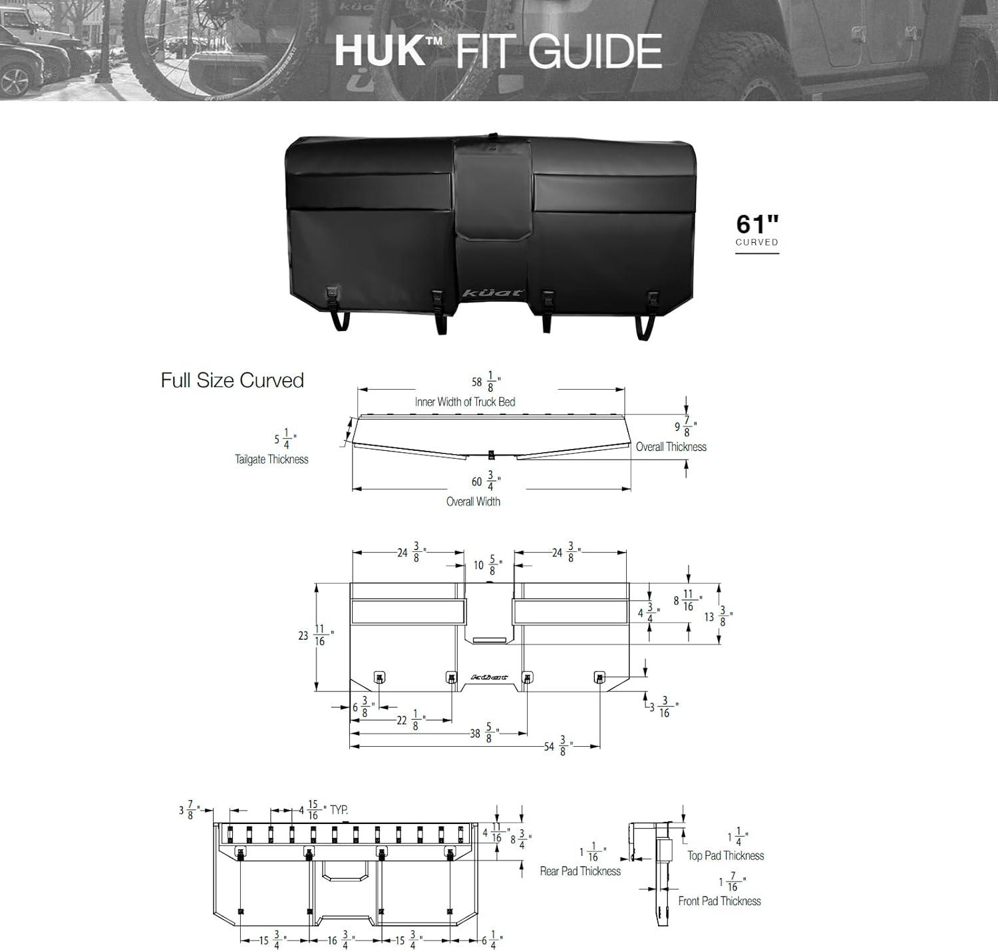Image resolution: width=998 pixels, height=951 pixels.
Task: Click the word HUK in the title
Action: pyautogui.click(x=380, y=52)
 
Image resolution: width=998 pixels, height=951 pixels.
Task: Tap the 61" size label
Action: pyautogui.click(x=757, y=224)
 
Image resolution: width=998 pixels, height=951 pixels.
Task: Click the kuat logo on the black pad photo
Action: pyautogui.click(x=493, y=293)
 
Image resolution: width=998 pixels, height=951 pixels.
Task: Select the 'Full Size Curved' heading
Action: pyautogui.click(x=232, y=380)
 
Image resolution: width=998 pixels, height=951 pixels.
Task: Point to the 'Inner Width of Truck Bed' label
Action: pyautogui.click(x=464, y=402)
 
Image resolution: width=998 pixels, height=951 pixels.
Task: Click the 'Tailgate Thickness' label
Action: pyautogui.click(x=271, y=459)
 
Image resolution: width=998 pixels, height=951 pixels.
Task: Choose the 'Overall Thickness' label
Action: pyautogui.click(x=671, y=447)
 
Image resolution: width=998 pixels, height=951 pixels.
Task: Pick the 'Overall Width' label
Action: pyautogui.click(x=473, y=501)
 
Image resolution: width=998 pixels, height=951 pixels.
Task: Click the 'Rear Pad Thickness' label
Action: pyautogui.click(x=580, y=871)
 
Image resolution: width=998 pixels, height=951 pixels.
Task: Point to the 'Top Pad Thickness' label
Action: pyautogui.click(x=725, y=856)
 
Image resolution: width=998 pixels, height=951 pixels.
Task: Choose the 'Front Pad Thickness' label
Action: pyautogui.click(x=719, y=901)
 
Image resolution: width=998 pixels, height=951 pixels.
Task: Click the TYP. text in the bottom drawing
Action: pyautogui.click(x=339, y=810)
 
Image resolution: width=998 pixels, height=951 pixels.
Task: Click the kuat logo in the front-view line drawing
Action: pyautogui.click(x=489, y=678)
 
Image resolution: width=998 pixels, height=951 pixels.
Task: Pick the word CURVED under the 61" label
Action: pyautogui.click(x=756, y=242)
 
